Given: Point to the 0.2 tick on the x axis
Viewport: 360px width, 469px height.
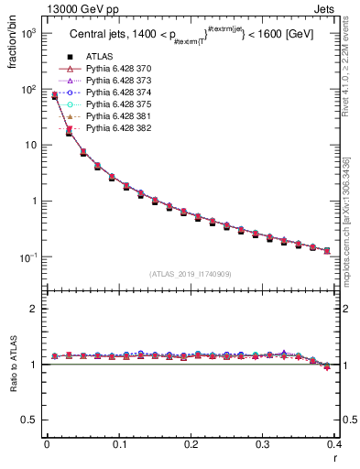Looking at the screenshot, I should tap(191, 446).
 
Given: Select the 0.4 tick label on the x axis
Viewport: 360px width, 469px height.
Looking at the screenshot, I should tap(334, 446).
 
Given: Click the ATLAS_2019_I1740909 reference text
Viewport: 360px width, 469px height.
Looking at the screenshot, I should tap(191, 274).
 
